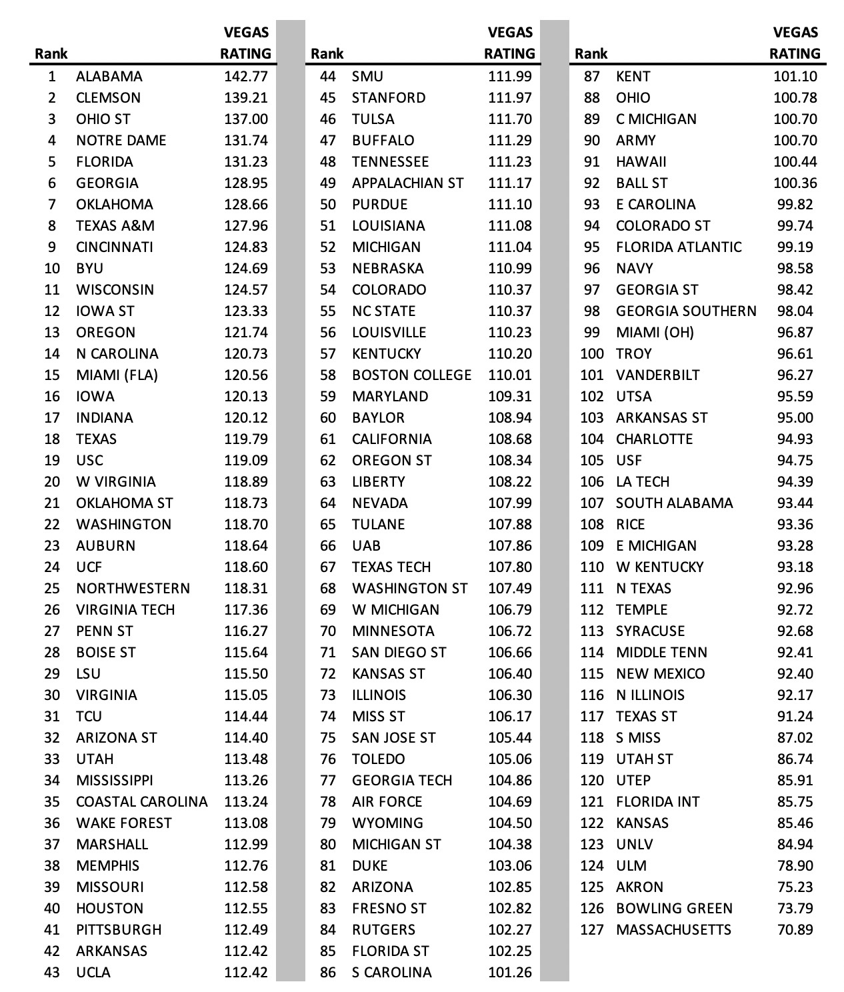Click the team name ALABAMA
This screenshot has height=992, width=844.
click(109, 77)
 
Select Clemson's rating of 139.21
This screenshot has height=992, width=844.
click(246, 98)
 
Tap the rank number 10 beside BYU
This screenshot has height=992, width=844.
click(52, 269)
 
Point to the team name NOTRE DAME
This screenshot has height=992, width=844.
click(121, 141)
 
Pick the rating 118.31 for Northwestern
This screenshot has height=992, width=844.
click(246, 589)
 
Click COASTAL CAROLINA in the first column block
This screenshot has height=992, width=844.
click(142, 802)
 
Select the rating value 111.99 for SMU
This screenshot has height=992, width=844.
click(510, 77)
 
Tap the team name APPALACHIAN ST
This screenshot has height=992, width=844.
click(408, 183)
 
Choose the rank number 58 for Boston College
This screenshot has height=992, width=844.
click(328, 375)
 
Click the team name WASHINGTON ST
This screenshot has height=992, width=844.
click(410, 589)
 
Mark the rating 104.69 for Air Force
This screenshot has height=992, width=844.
click(510, 802)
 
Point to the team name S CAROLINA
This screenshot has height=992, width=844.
click(392, 973)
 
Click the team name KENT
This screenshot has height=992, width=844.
click(633, 77)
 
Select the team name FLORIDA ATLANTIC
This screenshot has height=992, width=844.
click(679, 247)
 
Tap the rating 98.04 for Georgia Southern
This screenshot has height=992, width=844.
click(795, 311)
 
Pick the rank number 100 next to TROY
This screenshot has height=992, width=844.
click(592, 354)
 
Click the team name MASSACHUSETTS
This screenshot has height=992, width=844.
click(674, 930)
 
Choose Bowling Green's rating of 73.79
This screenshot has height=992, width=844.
click(795, 909)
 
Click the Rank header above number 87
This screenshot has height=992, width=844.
click(591, 54)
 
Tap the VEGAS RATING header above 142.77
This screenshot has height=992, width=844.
click(246, 43)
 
